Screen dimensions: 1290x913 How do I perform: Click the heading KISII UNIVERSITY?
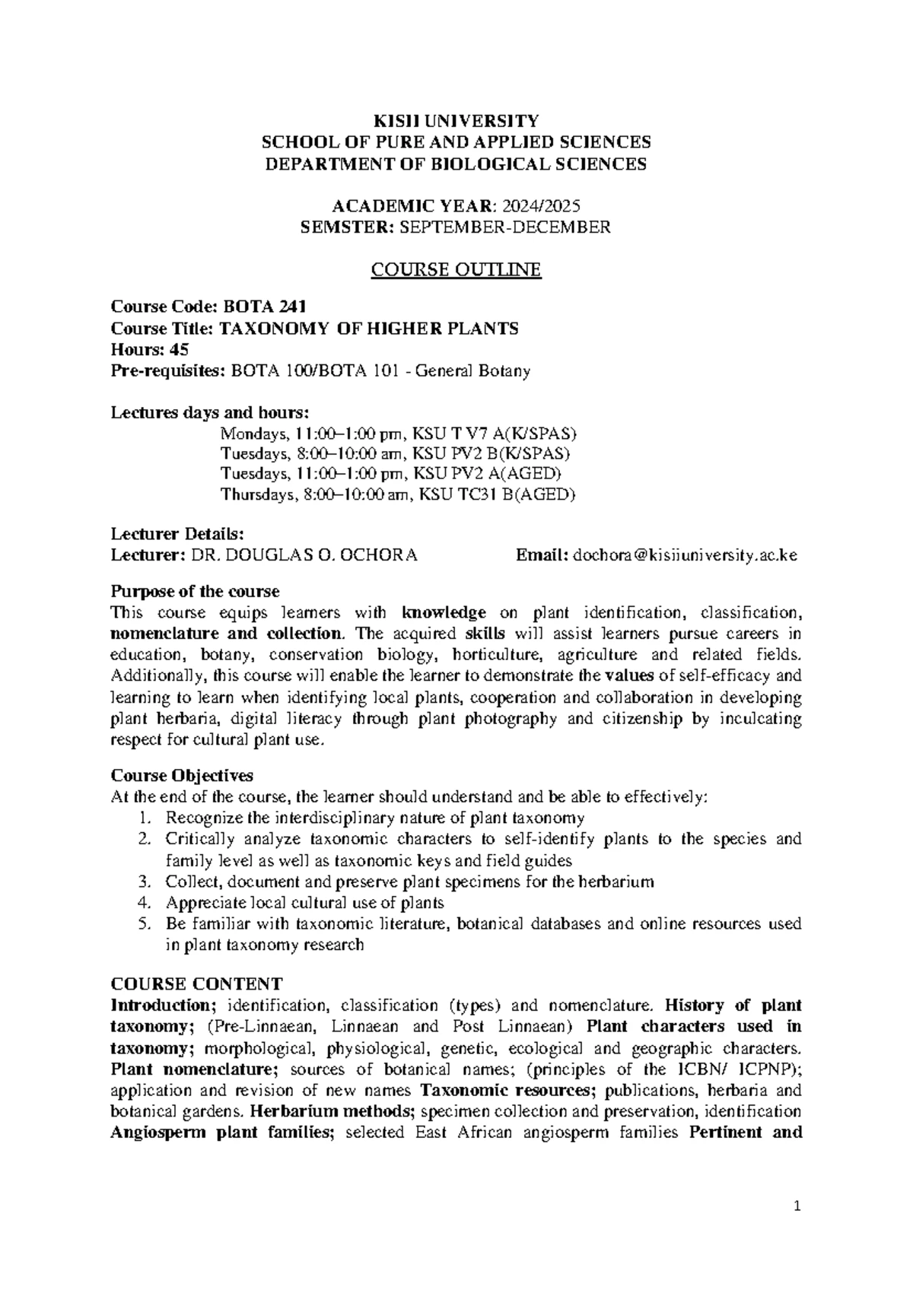[x=456, y=120]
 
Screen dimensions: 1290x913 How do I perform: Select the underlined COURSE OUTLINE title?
[x=456, y=270]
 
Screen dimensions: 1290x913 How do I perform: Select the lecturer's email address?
[x=686, y=554]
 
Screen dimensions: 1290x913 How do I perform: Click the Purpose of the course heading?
[x=195, y=591]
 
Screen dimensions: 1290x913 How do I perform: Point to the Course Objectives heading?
[x=182, y=775]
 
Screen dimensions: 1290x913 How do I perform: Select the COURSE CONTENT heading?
[x=196, y=983]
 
